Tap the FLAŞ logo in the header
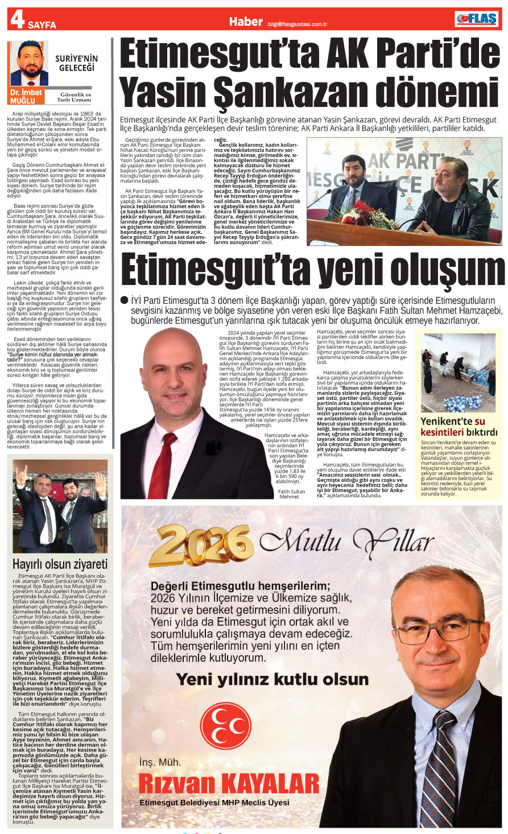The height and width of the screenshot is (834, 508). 476,19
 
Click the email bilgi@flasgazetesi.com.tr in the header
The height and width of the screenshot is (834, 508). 297,24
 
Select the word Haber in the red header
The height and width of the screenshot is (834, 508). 246,21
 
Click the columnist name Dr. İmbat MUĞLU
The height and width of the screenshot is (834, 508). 26,96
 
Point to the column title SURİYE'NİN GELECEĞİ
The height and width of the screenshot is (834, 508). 76,63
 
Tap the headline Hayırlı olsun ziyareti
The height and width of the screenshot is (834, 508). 60,564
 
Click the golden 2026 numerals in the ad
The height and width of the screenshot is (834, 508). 204,547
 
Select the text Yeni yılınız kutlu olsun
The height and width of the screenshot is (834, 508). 272,679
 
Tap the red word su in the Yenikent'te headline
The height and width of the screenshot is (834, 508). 480,422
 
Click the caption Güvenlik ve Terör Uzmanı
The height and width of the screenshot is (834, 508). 76,97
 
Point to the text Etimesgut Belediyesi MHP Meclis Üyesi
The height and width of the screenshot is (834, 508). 214,803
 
